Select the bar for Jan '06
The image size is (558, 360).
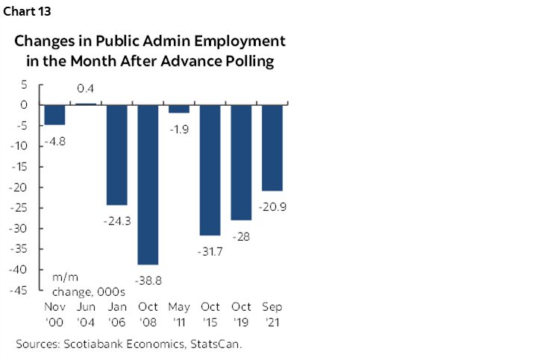click(116, 154)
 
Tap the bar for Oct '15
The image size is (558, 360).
click(210, 169)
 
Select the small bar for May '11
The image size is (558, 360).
click(178, 109)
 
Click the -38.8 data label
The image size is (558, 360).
click(148, 280)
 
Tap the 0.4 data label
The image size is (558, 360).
click(85, 90)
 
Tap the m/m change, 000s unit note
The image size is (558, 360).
click(78, 284)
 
